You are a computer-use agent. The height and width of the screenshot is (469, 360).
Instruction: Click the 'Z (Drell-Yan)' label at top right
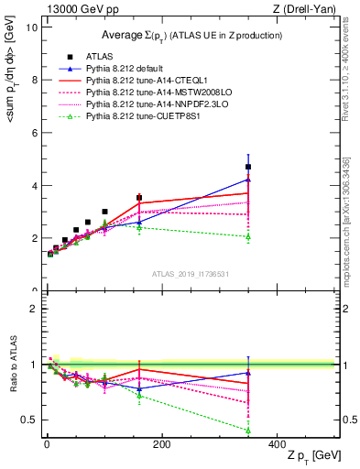[309, 8]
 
